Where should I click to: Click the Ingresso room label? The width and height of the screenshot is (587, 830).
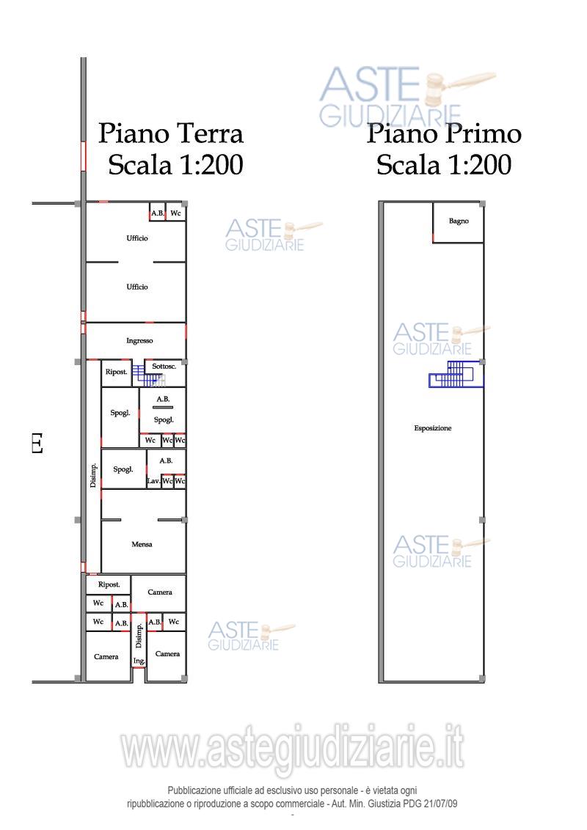[x=139, y=341]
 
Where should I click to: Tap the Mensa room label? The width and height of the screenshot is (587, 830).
[x=142, y=544]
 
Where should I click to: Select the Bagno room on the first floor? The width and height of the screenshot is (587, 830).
[x=459, y=221]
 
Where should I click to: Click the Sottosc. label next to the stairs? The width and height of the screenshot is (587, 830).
[x=164, y=366]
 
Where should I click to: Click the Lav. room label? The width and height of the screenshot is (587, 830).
[x=153, y=481]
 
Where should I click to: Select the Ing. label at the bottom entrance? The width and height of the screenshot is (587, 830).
[x=139, y=661]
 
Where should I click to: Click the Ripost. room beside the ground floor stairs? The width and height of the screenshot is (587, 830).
[x=117, y=372]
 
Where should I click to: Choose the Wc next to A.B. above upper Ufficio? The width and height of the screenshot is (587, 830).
[x=175, y=213]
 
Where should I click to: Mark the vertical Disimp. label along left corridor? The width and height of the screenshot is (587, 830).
[x=94, y=476]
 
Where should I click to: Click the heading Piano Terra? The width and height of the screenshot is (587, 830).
[x=171, y=134]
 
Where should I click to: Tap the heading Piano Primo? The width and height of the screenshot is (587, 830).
[x=444, y=134]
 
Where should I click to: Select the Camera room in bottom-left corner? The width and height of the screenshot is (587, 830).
[x=106, y=657]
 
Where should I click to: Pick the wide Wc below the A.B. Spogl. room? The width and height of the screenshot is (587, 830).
[x=150, y=441]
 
